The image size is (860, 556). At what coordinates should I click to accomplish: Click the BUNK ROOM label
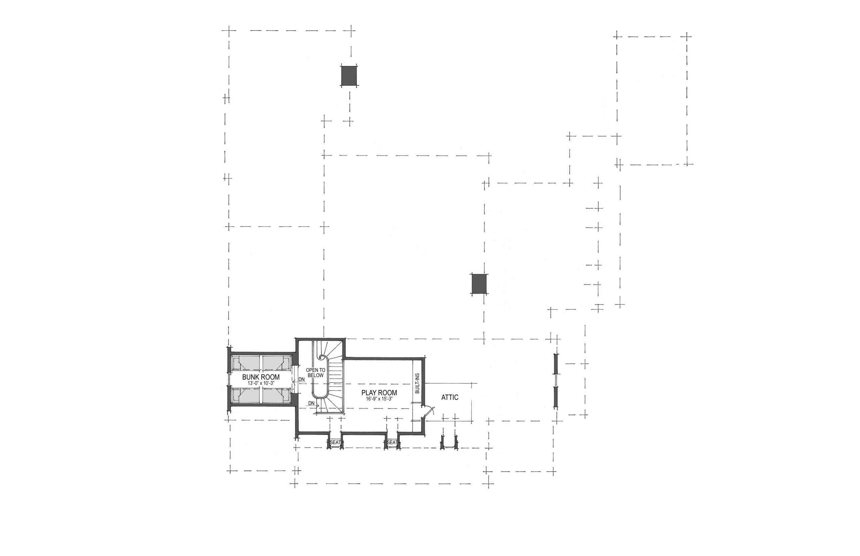pos(261,377)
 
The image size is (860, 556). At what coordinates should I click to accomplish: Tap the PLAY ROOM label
pos(379,392)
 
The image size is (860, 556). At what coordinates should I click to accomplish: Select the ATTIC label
pos(450,397)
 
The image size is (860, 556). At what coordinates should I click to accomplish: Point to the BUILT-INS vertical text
pos(418,383)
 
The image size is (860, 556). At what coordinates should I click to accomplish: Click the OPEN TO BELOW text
pos(315,373)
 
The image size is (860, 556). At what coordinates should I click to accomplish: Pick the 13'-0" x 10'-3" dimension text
pos(261,383)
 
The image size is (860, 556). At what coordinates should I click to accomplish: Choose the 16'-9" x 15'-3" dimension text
pos(379,399)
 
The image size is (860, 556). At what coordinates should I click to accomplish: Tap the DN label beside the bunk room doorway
pos(301,379)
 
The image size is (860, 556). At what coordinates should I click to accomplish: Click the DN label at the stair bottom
pos(311,403)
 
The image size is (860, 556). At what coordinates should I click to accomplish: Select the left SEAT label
pos(335,442)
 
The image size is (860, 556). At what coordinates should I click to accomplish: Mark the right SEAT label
pos(392,442)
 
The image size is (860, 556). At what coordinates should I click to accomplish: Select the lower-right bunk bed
pos(276,396)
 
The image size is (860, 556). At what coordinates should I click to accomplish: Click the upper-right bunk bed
pos(276,364)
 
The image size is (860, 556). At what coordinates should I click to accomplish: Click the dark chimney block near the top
pos(349,76)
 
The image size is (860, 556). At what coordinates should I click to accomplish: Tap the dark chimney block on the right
pos(479,284)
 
